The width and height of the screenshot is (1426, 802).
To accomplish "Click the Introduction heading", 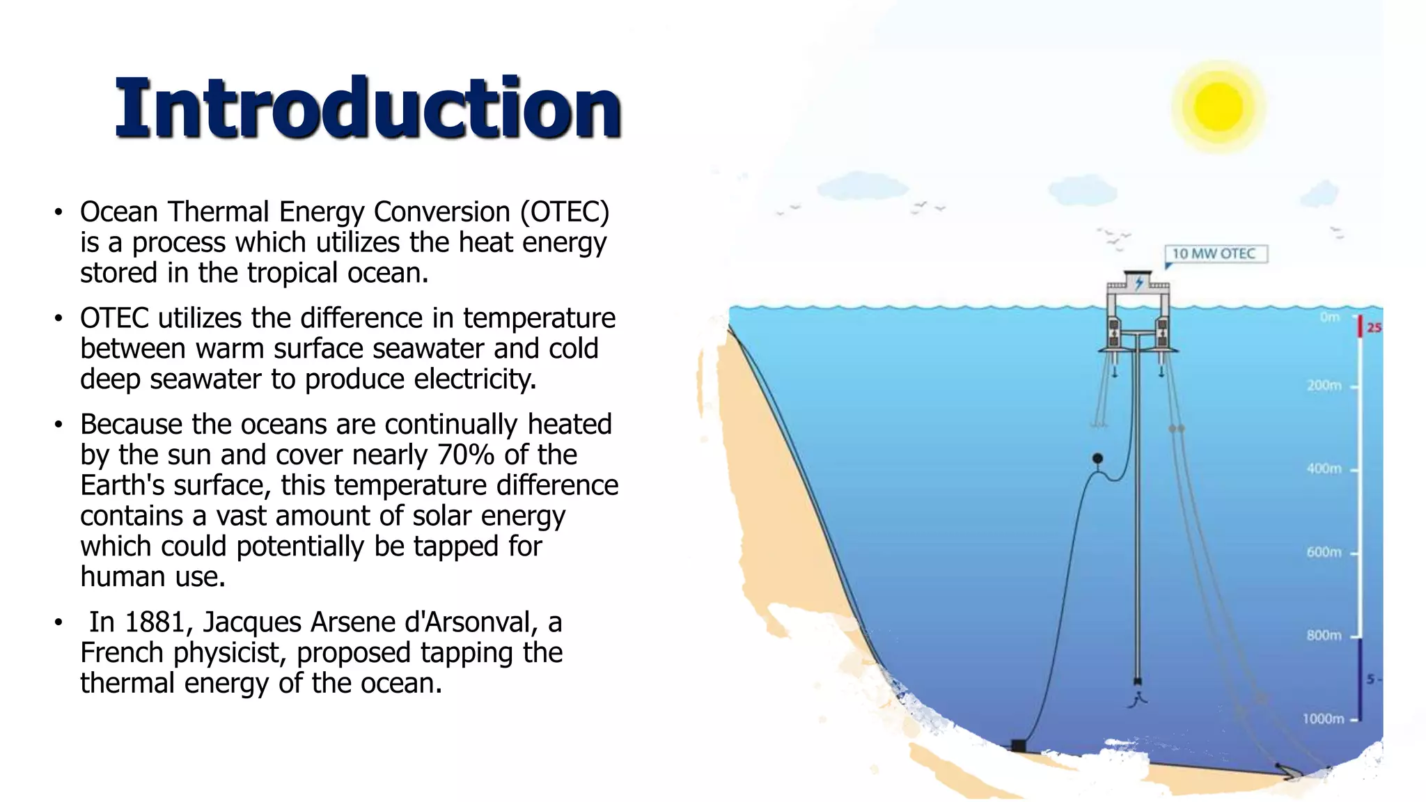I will pyautogui.click(x=368, y=108).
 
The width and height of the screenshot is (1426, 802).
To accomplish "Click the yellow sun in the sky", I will pyautogui.click(x=1218, y=107).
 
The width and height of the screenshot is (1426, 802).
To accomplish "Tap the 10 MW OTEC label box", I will pyautogui.click(x=1216, y=253).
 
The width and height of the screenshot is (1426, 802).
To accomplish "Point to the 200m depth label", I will pyautogui.click(x=1324, y=386).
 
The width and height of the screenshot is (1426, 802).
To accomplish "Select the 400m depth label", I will pyautogui.click(x=1324, y=469).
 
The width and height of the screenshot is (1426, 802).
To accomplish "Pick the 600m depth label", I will pyautogui.click(x=1324, y=552).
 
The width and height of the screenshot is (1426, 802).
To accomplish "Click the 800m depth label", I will pyautogui.click(x=1324, y=635).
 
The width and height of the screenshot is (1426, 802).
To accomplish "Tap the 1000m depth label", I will pyautogui.click(x=1323, y=718).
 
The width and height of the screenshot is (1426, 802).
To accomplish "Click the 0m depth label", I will pyautogui.click(x=1329, y=317).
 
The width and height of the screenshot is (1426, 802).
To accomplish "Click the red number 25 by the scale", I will pyautogui.click(x=1373, y=327).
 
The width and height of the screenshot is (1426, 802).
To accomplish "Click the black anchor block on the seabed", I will pyautogui.click(x=1018, y=746).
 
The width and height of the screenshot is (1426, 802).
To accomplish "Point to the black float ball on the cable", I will pyautogui.click(x=1097, y=458).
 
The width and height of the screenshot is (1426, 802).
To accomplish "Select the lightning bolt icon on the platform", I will pyautogui.click(x=1139, y=283).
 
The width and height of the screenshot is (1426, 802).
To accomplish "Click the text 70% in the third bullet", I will pyautogui.click(x=466, y=455).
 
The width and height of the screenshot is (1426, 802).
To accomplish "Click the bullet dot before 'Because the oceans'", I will pyautogui.click(x=59, y=424).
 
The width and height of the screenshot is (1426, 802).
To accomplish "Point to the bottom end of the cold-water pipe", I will pyautogui.click(x=1138, y=682).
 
